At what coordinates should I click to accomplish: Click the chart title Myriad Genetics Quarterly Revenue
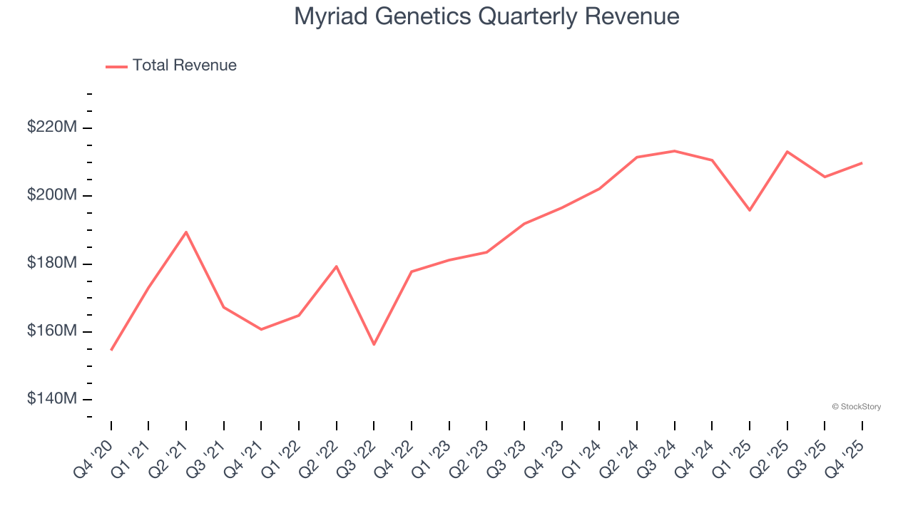pyautogui.click(x=486, y=16)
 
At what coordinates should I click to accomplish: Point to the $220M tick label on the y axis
pyautogui.click(x=52, y=128)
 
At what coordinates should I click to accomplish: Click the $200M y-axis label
pyautogui.click(x=52, y=196)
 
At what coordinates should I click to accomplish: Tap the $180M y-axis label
pyautogui.click(x=52, y=264)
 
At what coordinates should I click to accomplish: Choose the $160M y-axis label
pyautogui.click(x=52, y=331)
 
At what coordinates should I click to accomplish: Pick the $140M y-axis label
pyautogui.click(x=52, y=399)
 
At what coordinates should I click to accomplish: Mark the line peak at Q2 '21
pyautogui.click(x=186, y=232)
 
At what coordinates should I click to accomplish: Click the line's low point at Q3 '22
pyautogui.click(x=374, y=345)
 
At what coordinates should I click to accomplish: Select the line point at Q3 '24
pyautogui.click(x=674, y=151)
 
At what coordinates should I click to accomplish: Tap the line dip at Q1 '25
pyautogui.click(x=750, y=210)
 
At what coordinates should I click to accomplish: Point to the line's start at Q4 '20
pyautogui.click(x=111, y=350)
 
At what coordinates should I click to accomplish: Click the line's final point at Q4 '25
pyautogui.click(x=862, y=163)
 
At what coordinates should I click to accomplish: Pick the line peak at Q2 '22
pyautogui.click(x=336, y=266)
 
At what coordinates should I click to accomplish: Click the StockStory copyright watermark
pyautogui.click(x=856, y=407)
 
